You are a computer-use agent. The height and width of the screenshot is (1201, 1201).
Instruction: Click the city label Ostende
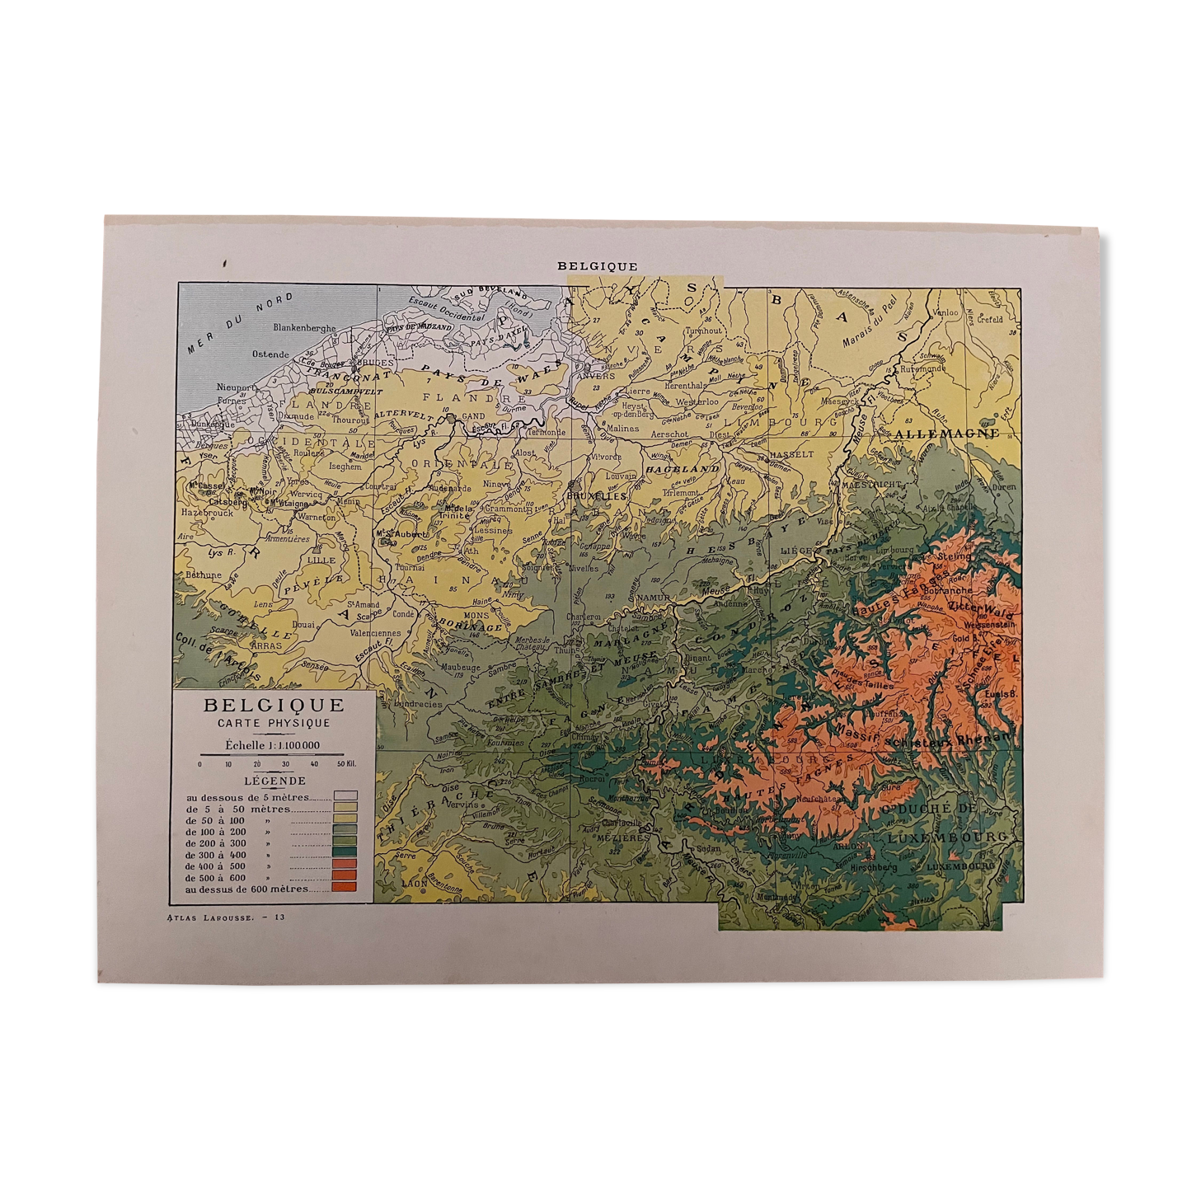point(270,354)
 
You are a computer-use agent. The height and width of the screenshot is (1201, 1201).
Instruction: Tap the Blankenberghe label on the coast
point(304,328)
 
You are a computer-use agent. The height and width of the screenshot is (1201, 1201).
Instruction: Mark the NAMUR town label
point(654,598)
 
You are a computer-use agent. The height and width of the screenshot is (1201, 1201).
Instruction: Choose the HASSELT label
point(791,454)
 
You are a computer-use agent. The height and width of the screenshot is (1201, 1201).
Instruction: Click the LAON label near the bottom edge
point(415,883)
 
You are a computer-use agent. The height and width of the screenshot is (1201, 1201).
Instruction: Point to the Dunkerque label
point(207,424)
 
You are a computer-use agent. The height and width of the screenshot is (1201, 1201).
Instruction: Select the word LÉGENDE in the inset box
point(274,781)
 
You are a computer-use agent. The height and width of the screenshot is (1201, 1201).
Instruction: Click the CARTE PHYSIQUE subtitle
point(274,723)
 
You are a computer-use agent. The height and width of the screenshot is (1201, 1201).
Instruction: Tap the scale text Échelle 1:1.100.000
point(273,745)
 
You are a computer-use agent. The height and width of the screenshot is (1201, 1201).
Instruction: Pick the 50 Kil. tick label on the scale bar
point(346,764)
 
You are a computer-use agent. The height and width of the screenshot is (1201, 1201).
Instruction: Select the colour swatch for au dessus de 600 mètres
point(345,888)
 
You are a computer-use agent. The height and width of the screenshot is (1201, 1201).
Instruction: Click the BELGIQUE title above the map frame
point(597,266)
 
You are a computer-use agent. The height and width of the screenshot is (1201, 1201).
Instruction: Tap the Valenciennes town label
point(375,634)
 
